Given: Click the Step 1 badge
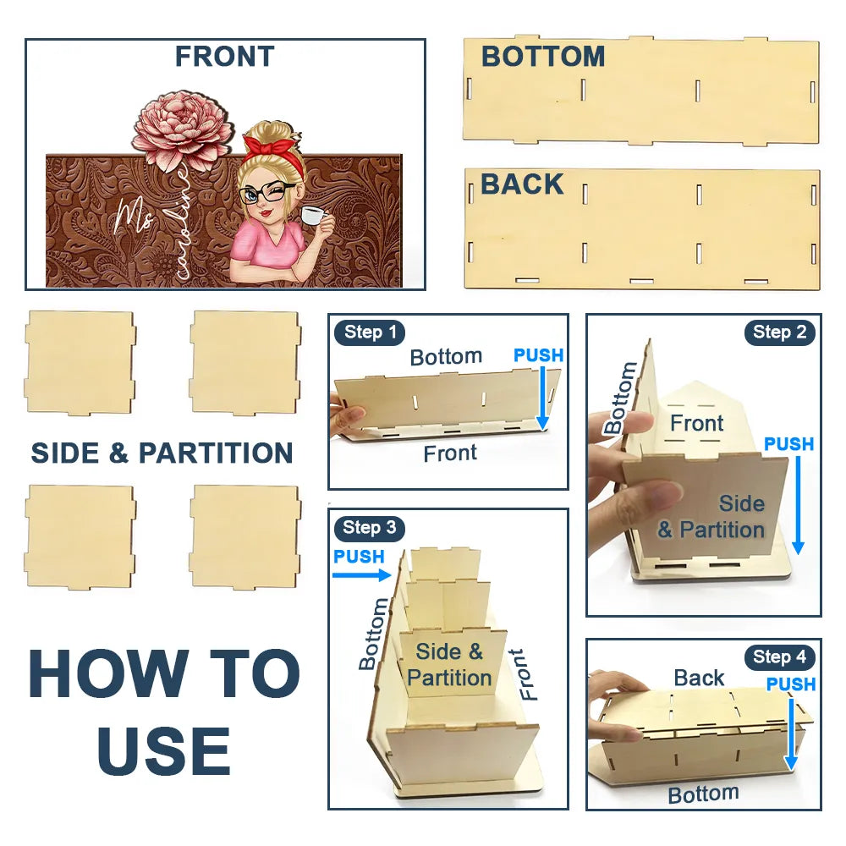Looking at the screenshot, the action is coord(370,332).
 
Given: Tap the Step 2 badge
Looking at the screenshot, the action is coord(779,332).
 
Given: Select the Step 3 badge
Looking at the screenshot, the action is coord(369,527).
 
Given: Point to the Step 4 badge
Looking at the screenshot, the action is coord(779,656).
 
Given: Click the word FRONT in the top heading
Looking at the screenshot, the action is coord(224,57).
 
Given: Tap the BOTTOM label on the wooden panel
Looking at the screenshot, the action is coord(543,57).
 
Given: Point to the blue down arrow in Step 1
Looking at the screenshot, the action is coord(543,398).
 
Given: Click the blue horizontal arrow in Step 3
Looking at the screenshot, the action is coord(361,575).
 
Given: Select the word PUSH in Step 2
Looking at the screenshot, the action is coord(788,444).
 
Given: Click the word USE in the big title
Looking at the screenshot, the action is coord(164,750).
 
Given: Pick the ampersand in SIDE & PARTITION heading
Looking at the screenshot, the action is coord(118,453).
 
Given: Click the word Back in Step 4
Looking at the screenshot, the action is coord(700,678).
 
